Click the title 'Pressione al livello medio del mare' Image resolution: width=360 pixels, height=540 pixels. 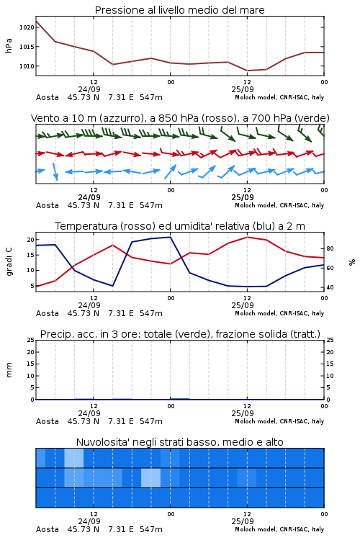(x=179, y=10)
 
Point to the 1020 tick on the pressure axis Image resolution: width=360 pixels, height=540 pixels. (x=27, y=27)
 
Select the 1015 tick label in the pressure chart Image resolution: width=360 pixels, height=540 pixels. (x=27, y=47)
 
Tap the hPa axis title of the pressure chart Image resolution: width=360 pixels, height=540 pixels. (x=9, y=45)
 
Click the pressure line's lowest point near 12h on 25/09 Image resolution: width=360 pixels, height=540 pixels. (x=248, y=71)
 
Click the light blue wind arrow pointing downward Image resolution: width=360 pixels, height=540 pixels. (x=55, y=171)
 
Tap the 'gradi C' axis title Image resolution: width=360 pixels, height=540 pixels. (x=9, y=262)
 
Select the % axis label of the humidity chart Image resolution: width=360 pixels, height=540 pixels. (x=352, y=262)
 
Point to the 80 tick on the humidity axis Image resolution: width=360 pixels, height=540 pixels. (x=330, y=248)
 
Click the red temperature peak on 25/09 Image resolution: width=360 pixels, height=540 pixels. (x=248, y=237)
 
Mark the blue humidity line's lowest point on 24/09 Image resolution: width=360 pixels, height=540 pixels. (x=112, y=286)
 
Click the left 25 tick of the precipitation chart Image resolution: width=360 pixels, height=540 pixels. (x=31, y=340)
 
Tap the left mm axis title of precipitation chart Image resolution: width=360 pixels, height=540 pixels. (x=9, y=370)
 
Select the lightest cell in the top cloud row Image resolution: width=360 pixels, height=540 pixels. (x=74, y=458)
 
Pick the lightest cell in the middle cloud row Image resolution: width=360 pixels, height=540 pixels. (x=151, y=477)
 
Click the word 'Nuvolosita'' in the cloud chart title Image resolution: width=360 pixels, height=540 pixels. (x=101, y=442)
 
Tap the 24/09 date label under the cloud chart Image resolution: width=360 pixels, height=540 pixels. (x=89, y=521)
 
